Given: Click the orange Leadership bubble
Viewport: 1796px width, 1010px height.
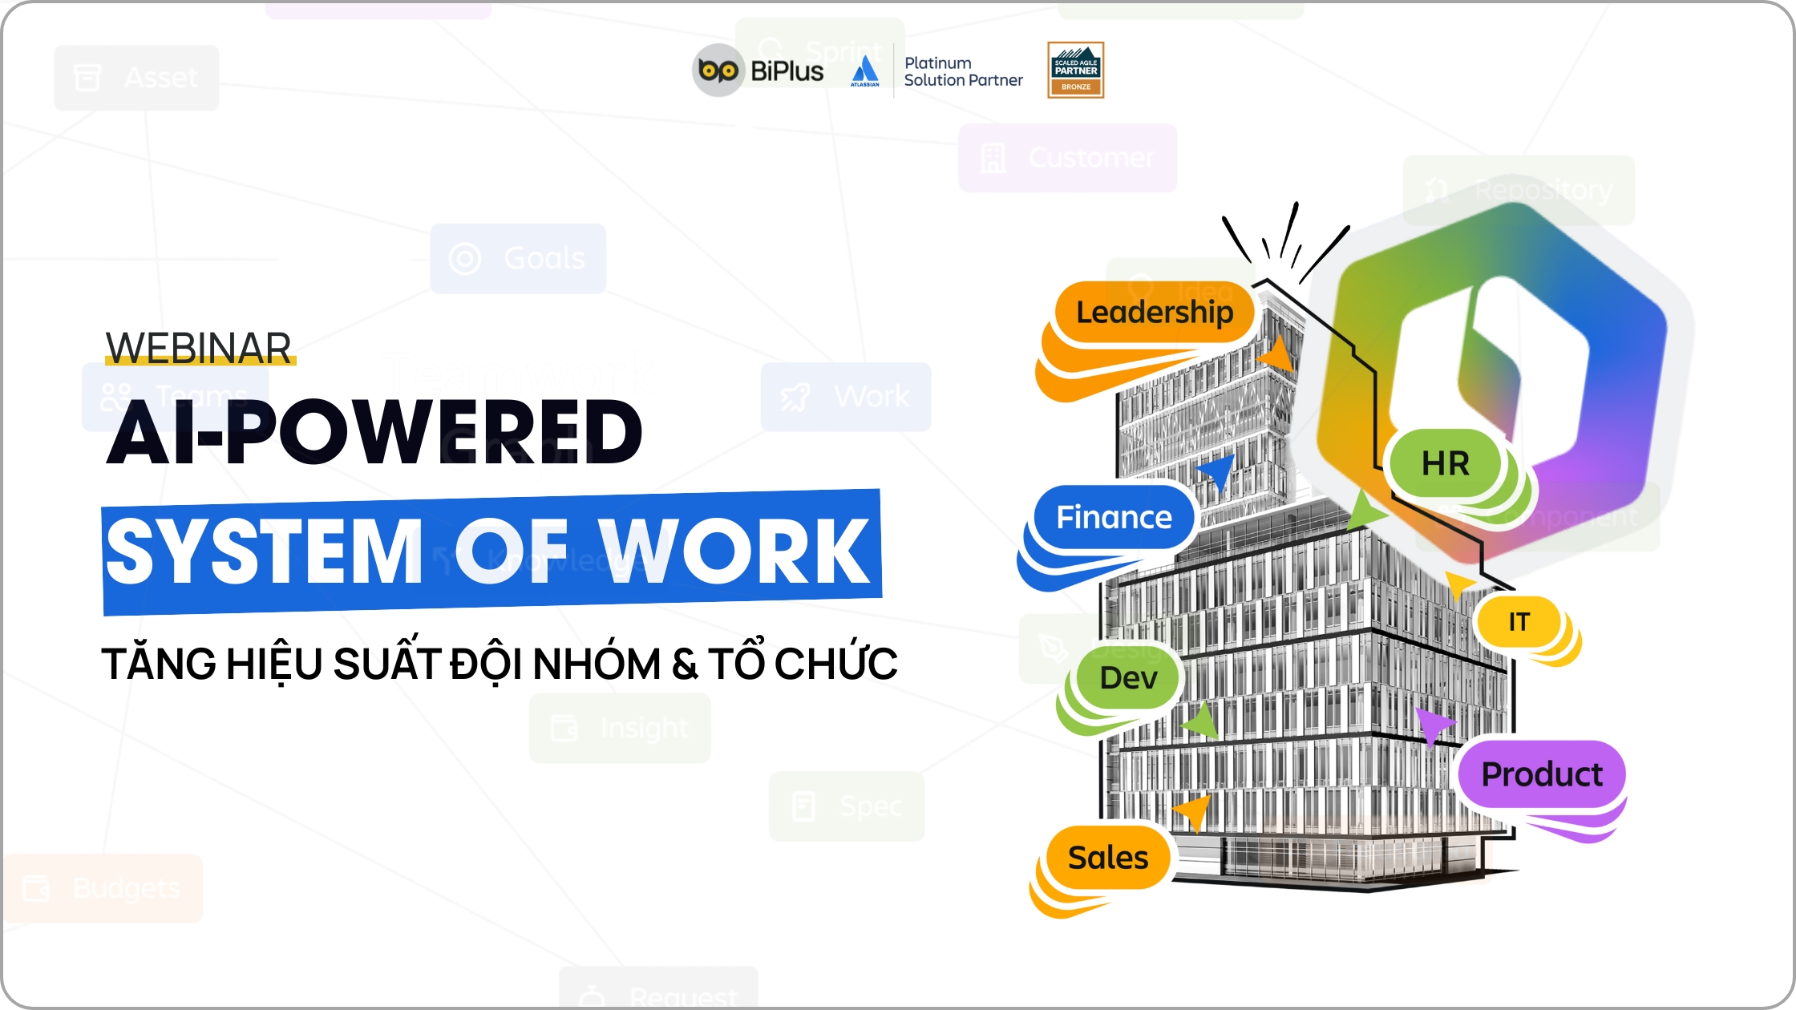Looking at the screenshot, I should point(1155,312).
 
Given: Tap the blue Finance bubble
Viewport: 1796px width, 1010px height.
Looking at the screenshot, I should point(1114,517).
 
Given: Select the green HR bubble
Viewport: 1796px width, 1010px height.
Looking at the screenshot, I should point(1445,463).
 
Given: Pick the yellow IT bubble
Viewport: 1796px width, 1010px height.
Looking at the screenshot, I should point(1519,621).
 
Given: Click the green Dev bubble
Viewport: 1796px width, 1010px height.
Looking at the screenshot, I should point(1128,678).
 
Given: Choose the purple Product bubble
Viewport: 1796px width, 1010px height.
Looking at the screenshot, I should point(1541,774).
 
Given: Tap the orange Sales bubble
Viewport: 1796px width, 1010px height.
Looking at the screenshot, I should point(1107,858).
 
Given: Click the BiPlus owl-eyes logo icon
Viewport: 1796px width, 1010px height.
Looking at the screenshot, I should point(718,71).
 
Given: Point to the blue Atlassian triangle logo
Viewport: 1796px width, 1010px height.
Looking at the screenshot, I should point(865,69).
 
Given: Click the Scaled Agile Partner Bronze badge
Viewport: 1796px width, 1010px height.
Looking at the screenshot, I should point(1075,71).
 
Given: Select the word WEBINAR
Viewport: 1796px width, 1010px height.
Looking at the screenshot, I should point(199,349).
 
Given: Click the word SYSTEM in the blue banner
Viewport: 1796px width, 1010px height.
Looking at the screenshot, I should point(265,551).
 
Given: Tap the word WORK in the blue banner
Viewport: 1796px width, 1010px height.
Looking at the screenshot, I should point(734,551).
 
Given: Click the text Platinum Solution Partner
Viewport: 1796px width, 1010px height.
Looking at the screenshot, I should point(963,71).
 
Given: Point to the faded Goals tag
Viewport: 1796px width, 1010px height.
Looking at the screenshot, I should point(518,259).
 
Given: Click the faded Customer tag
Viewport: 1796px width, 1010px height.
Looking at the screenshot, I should point(1067,158).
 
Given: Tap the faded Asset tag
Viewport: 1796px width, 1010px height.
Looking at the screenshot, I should point(136,78).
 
